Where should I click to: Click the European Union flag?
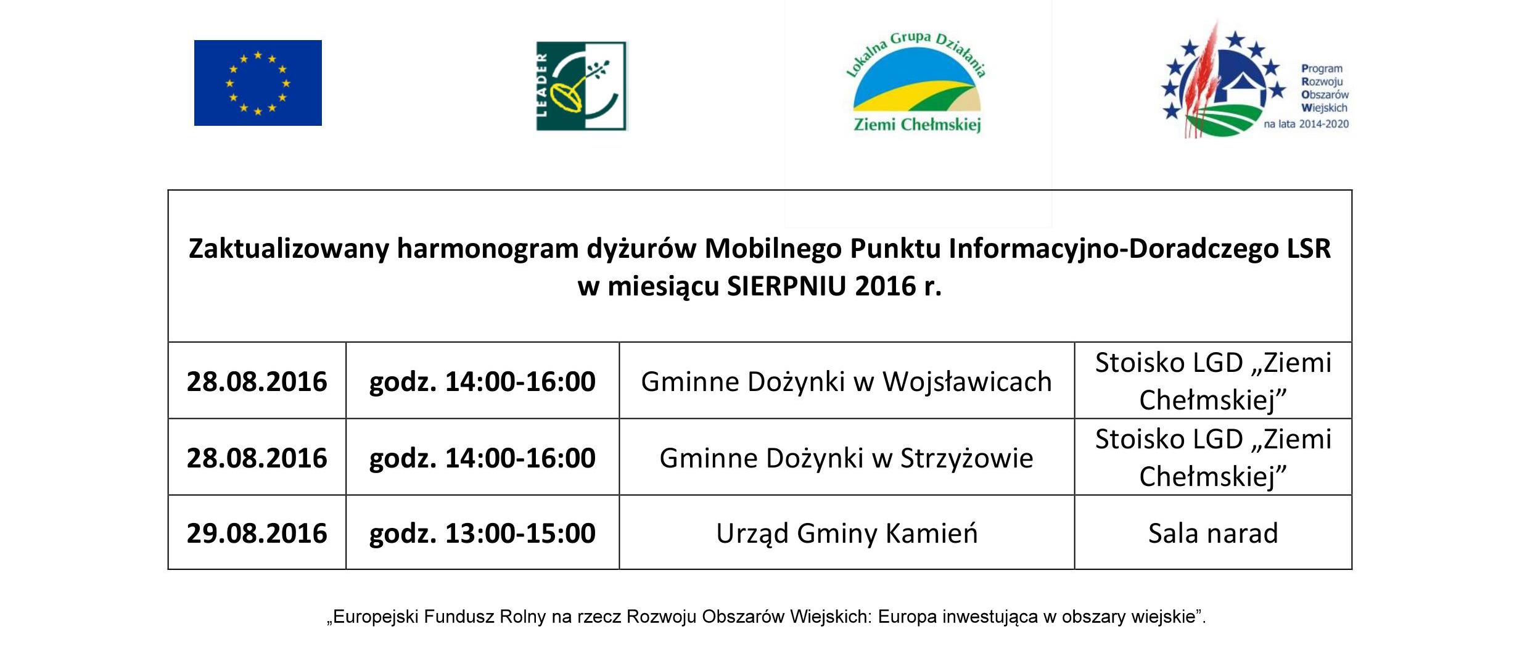coord(258,83)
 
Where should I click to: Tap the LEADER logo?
coord(582,86)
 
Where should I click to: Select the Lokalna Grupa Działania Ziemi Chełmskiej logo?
coord(916,81)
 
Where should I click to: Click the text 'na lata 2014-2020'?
coord(1306,124)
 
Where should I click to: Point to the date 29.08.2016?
coord(257,533)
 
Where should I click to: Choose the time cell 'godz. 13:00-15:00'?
coord(482,533)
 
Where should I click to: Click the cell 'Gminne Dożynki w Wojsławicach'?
coord(846,381)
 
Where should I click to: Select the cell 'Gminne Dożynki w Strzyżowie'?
coord(846,458)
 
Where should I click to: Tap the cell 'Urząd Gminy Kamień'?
coord(846,533)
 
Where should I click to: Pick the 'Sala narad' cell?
coord(1212,533)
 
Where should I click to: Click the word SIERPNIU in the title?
coord(786,286)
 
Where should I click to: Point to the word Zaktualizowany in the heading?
coord(289,249)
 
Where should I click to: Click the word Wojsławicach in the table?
coord(967,381)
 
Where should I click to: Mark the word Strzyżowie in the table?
coord(967,458)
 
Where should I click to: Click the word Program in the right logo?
coord(1322,69)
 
